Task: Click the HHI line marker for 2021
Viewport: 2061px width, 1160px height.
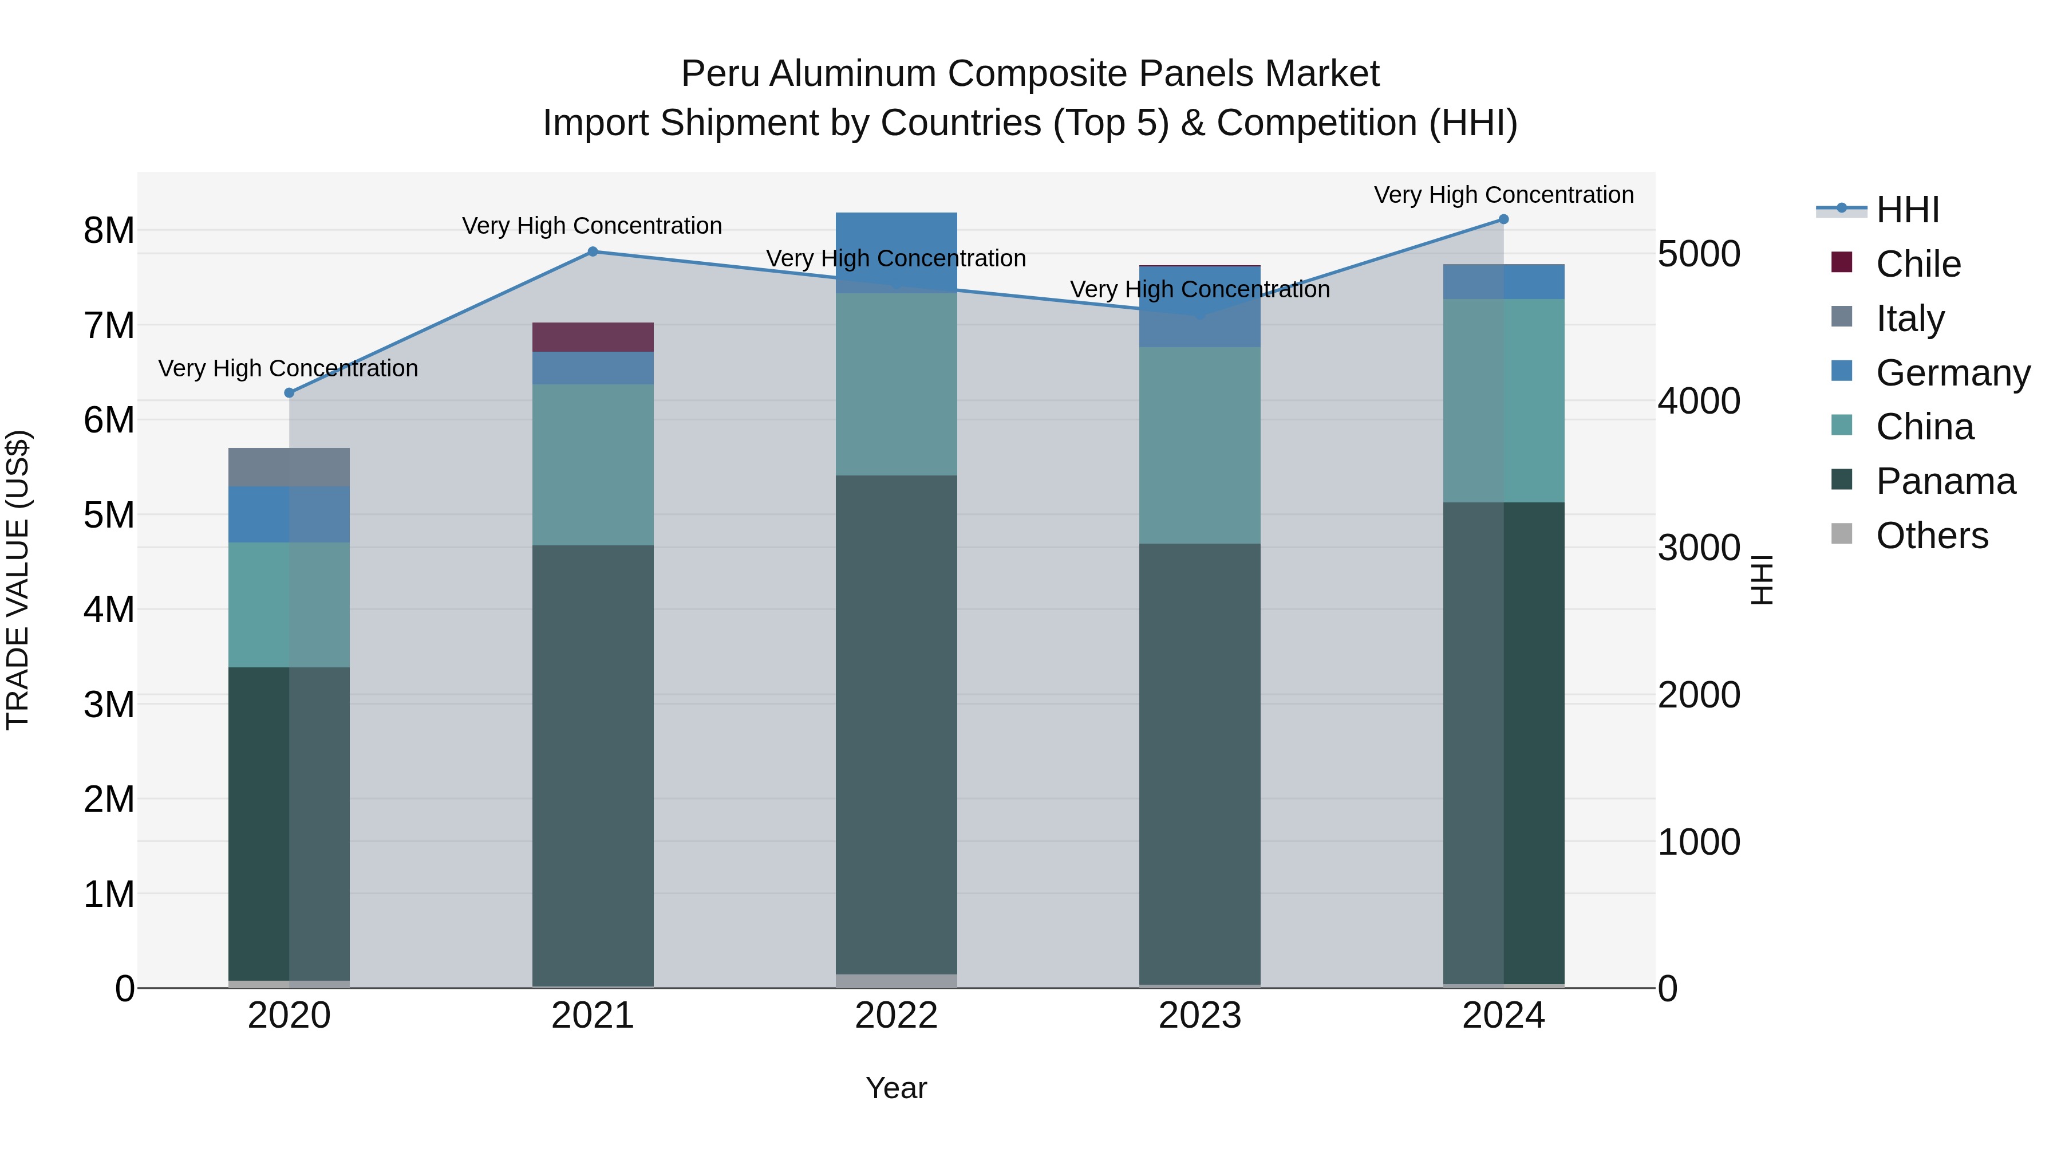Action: pos(593,251)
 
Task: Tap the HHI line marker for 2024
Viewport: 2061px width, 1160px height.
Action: pos(1503,219)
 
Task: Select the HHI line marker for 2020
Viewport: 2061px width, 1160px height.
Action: pos(290,393)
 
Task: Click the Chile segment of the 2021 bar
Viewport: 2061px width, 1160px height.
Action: pos(593,337)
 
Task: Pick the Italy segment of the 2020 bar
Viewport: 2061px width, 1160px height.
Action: pos(289,467)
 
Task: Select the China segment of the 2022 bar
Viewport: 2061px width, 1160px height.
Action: pos(896,384)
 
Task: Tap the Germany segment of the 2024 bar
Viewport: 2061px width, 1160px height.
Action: pos(1503,282)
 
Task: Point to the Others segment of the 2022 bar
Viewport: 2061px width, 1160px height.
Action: pos(896,981)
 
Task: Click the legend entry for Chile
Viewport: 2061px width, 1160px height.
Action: pos(1918,264)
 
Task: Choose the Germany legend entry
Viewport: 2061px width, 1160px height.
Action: pos(1952,373)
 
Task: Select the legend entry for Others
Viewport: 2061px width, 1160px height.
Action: pos(1932,536)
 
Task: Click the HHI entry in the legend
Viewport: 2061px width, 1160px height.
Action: pos(1908,210)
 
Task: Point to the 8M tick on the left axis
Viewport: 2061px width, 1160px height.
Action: pos(109,230)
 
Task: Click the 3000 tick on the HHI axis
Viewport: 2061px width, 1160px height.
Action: pos(1699,548)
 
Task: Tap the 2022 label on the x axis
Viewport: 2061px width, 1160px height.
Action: pos(896,1016)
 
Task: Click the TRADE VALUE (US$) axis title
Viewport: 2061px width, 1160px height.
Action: pos(18,580)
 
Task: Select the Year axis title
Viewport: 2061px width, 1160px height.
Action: pos(896,1088)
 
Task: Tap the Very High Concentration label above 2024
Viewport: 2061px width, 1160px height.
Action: pos(1503,195)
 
